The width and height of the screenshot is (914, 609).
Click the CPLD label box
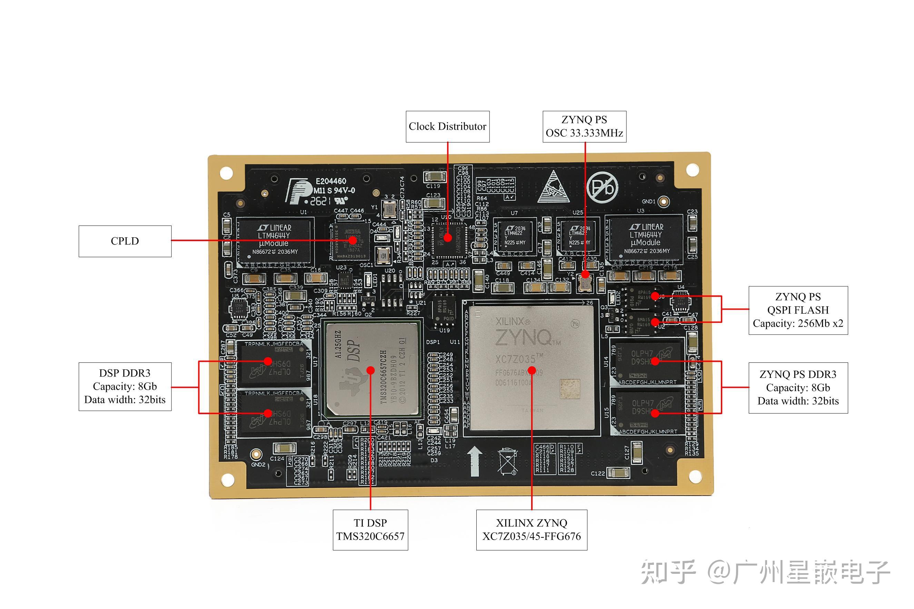(x=125, y=241)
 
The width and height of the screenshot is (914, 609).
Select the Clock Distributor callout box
(x=447, y=127)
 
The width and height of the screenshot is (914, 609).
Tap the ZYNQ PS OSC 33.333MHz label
(x=584, y=127)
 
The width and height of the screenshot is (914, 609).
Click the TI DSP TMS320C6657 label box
(x=370, y=530)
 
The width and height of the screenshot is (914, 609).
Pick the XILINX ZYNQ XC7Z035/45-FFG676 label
(x=531, y=530)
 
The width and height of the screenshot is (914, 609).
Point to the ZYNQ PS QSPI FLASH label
(x=797, y=310)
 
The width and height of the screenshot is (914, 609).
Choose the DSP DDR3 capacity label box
(x=125, y=387)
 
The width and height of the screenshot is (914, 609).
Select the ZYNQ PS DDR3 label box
(x=797, y=388)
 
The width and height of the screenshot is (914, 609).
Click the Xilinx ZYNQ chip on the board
(x=531, y=367)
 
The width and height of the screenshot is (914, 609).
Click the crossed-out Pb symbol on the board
(x=602, y=188)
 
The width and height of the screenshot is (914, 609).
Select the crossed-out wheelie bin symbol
(x=507, y=461)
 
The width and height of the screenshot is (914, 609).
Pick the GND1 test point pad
(x=664, y=202)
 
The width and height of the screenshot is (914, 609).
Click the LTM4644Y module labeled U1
(x=275, y=240)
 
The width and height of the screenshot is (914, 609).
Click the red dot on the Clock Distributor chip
(x=447, y=237)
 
